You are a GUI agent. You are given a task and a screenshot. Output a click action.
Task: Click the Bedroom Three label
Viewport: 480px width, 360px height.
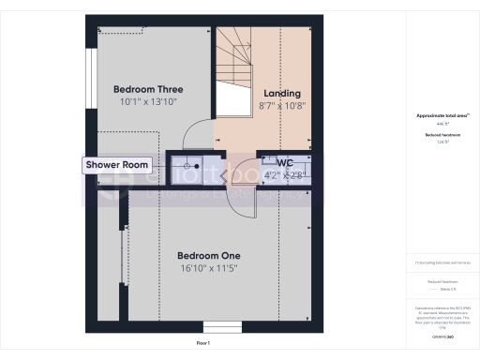click(143, 89)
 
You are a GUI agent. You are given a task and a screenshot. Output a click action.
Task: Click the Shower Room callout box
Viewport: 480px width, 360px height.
click(117, 165)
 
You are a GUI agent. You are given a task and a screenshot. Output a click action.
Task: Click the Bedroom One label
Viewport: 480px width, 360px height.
click(209, 255)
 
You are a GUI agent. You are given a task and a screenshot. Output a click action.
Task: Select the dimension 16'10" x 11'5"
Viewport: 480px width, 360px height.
click(209, 268)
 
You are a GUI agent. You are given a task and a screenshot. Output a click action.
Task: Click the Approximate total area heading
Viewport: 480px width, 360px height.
click(442, 115)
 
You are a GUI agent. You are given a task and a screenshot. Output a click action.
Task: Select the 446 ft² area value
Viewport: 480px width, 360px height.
click(442, 124)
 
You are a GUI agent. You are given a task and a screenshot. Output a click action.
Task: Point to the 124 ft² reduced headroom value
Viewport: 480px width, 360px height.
click(442, 142)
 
